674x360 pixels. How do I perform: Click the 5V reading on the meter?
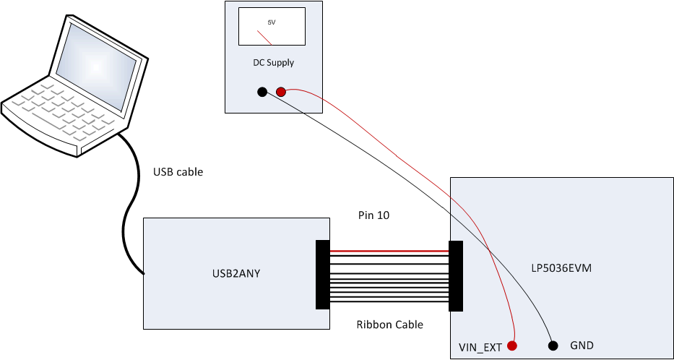272,22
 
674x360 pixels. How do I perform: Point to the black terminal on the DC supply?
262,91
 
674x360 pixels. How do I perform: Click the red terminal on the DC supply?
281,91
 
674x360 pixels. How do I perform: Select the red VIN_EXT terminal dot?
512,346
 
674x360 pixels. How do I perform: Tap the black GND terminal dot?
553,346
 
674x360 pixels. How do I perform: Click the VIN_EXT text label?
480,347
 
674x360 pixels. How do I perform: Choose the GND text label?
582,346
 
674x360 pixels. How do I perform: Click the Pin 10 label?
373,215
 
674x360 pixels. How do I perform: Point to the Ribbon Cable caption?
389,325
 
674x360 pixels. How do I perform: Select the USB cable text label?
178,172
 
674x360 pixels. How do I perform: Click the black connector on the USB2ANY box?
323,275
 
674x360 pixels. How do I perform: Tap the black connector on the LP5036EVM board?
456,275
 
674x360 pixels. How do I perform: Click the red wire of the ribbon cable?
389,252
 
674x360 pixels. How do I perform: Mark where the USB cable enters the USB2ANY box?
144,273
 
